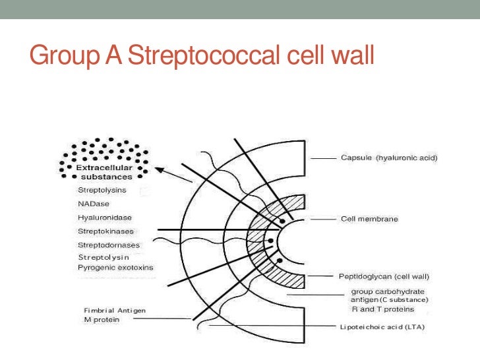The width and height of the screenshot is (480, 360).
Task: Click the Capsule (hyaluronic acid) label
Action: coord(389,158)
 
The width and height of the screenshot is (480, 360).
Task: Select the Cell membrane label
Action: coord(369,218)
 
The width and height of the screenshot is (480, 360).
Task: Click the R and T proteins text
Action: coord(382,309)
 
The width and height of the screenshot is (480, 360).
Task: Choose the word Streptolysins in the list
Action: coord(102,190)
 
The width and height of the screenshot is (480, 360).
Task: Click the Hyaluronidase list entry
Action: coord(105,217)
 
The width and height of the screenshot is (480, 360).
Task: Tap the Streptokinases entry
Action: coord(105,231)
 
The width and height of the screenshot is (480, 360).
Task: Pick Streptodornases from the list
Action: coord(108,245)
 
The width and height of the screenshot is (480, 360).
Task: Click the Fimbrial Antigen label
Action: coord(115,310)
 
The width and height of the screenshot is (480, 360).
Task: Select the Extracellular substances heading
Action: coord(105,173)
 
